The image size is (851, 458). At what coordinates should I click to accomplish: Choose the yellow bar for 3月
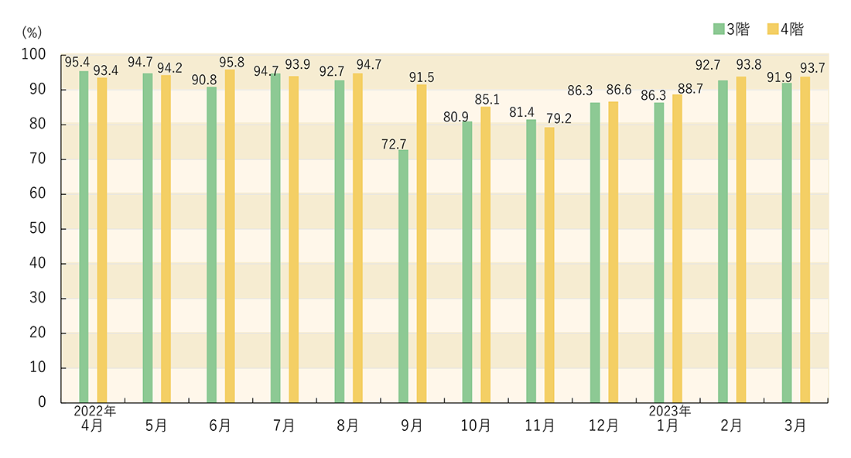pos(805,239)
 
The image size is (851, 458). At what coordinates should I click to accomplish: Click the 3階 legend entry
pos(731,29)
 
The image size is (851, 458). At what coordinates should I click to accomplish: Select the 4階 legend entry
pos(785,29)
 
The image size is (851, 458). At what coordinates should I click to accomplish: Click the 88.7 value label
pos(686,87)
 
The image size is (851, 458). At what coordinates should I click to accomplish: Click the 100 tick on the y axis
pos(35,55)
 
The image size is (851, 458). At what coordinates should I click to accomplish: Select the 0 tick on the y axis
pos(43,402)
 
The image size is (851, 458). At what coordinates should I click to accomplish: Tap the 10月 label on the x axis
pos(475,426)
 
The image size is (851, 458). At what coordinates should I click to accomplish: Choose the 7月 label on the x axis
pos(284,426)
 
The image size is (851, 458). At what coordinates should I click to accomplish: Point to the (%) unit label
pos(32,32)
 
